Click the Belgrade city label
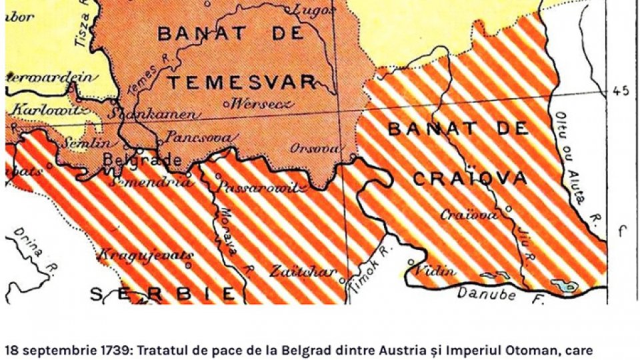point(142,161)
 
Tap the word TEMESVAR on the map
point(241,83)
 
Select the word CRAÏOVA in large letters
point(469,179)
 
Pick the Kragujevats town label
point(146,255)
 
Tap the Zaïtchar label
point(299,271)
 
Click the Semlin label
point(87,143)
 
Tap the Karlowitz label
point(41,109)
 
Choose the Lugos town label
point(311,10)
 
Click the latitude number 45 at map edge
point(621,91)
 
